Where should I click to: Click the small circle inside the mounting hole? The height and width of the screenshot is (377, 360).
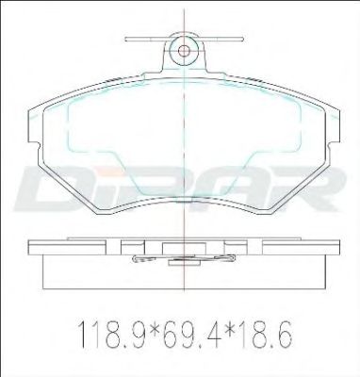click(184, 51)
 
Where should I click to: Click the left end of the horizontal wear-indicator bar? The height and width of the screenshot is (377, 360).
click(126, 40)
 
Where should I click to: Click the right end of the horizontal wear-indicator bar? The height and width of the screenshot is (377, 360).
click(242, 40)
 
